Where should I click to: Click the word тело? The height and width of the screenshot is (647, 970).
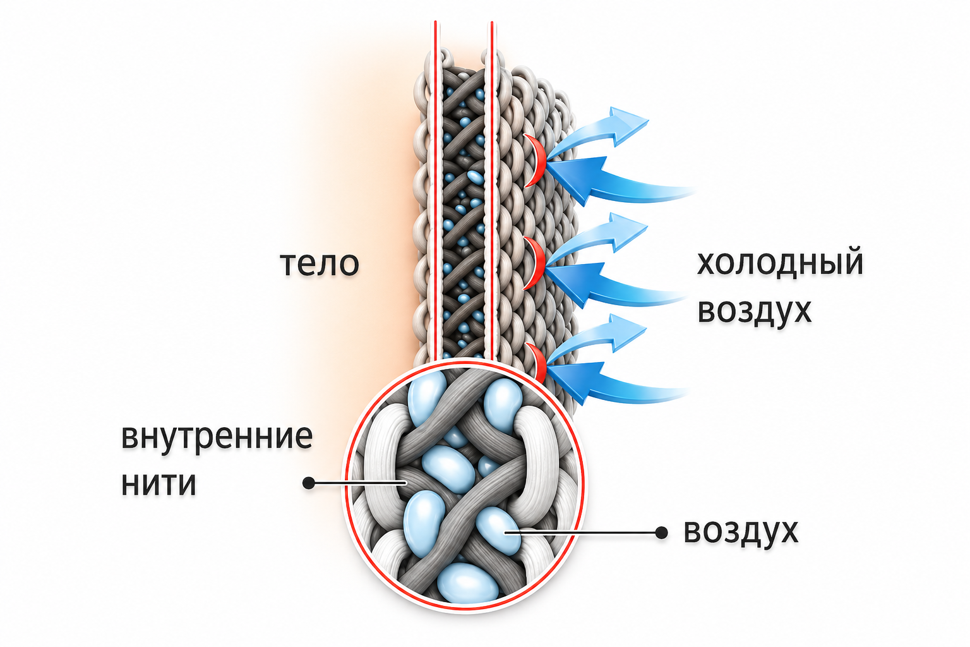pyautogui.click(x=320, y=264)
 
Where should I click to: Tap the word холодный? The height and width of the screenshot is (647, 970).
pyautogui.click(x=780, y=262)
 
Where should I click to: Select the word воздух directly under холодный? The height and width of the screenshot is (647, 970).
pyautogui.click(x=754, y=310)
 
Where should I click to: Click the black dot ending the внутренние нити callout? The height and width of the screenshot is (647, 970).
pyautogui.click(x=308, y=483)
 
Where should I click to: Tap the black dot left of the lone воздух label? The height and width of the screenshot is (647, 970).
pyautogui.click(x=661, y=533)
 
